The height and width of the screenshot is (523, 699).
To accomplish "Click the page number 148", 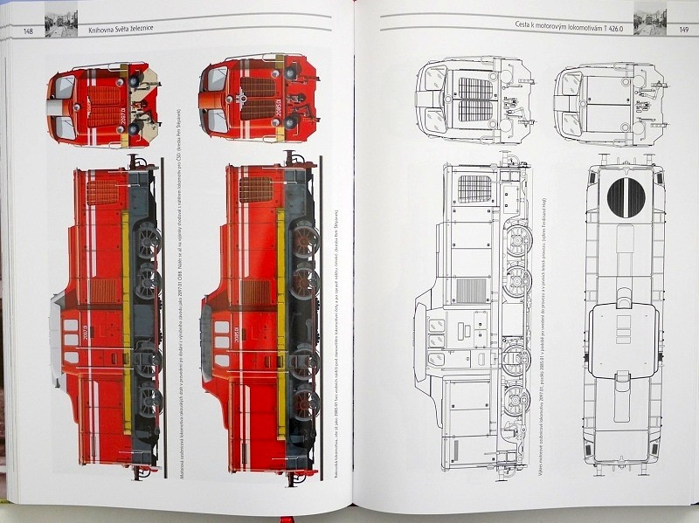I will point(29,32).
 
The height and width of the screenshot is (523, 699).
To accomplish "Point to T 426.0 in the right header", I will point(618,25).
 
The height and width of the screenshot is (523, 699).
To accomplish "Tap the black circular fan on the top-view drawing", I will point(626,199).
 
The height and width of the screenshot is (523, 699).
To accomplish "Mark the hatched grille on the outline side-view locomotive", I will point(475,189).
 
